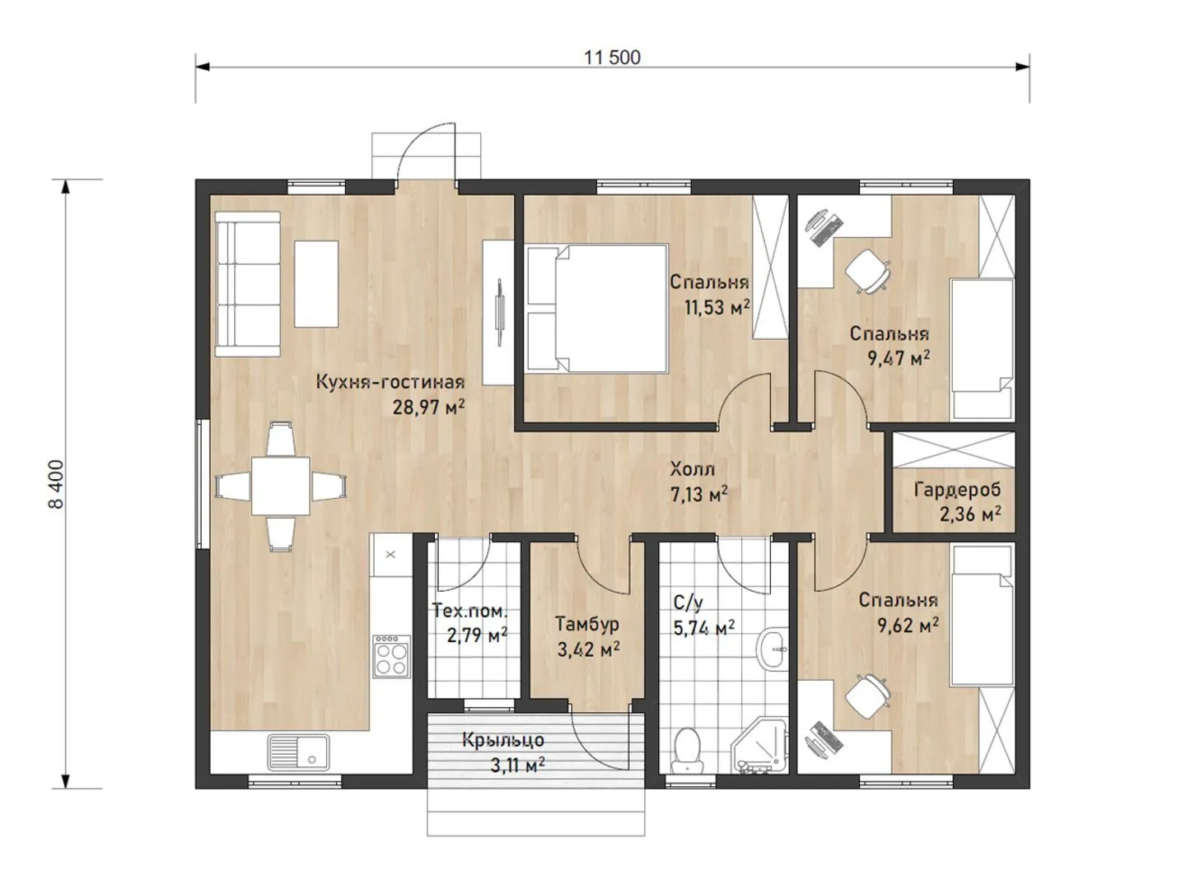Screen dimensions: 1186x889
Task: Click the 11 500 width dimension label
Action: (x=612, y=58)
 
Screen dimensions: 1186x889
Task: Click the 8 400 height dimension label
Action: (x=56, y=484)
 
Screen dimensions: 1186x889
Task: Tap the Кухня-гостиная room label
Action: (x=390, y=382)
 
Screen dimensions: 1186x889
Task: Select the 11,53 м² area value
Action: (x=717, y=307)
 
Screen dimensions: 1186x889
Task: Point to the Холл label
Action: (x=692, y=468)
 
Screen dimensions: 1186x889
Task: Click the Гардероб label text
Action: (x=957, y=490)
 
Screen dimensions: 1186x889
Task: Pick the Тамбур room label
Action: (x=586, y=624)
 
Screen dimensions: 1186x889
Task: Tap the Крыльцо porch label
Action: (x=502, y=741)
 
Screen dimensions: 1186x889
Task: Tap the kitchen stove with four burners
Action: (x=391, y=656)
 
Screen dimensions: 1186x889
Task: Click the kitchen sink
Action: (x=297, y=752)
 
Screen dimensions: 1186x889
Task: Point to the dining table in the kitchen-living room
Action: (x=280, y=486)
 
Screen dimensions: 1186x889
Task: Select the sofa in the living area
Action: (x=247, y=284)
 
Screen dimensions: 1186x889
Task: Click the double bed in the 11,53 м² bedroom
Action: (x=597, y=308)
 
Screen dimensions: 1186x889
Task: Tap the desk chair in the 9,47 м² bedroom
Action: (x=868, y=271)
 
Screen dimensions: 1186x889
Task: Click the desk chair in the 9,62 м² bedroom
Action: (x=868, y=696)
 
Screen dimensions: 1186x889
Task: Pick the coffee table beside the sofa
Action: (x=316, y=284)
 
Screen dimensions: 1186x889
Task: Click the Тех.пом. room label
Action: (x=470, y=612)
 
